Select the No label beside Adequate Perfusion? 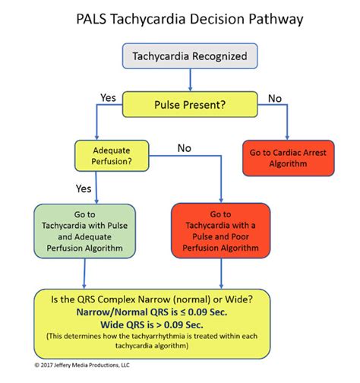point(185,149)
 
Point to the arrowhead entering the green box point(84,198)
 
